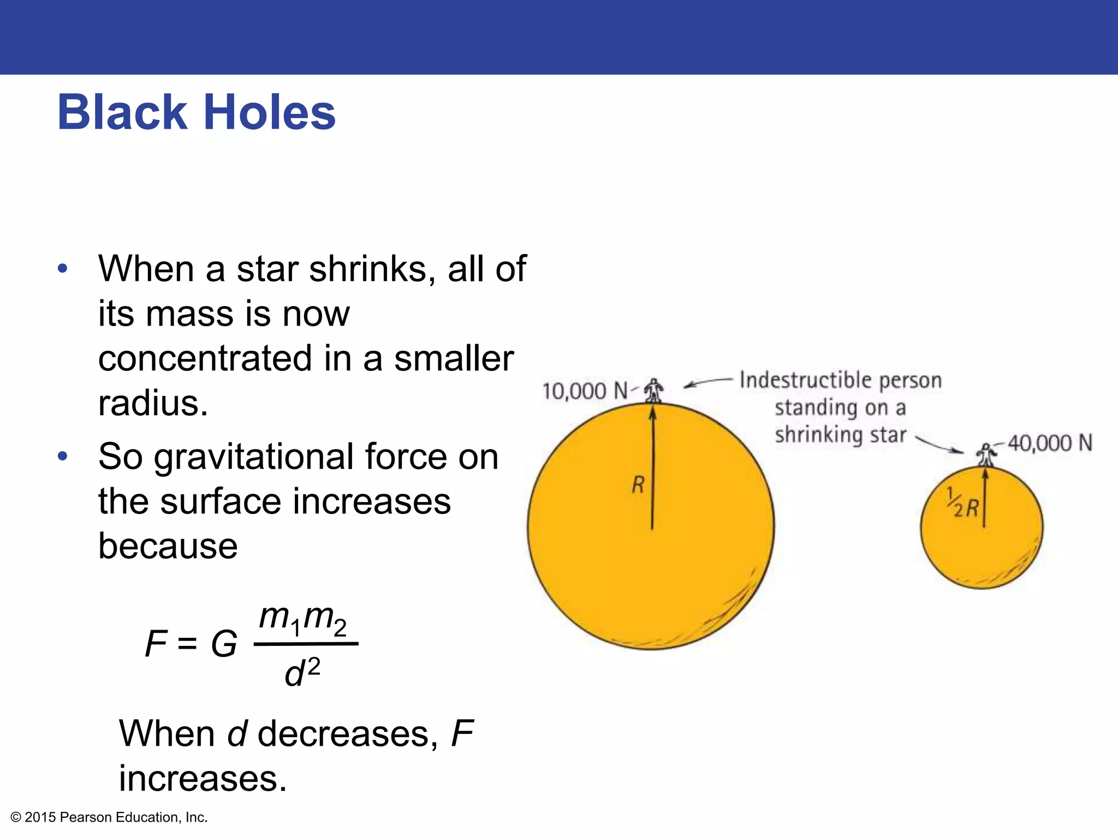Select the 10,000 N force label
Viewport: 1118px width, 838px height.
click(x=585, y=391)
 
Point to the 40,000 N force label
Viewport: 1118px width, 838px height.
click(x=1050, y=443)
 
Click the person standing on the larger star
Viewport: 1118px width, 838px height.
click(x=653, y=391)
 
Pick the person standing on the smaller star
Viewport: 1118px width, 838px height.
click(x=985, y=455)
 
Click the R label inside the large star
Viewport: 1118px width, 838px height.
click(x=638, y=484)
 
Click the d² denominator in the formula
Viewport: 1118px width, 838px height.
click(x=302, y=673)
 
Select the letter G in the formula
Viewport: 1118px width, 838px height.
click(x=224, y=644)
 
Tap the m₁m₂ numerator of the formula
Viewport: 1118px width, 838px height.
click(x=302, y=619)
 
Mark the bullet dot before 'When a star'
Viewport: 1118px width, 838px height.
click(x=63, y=268)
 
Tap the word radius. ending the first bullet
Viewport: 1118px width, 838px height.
click(x=153, y=403)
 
